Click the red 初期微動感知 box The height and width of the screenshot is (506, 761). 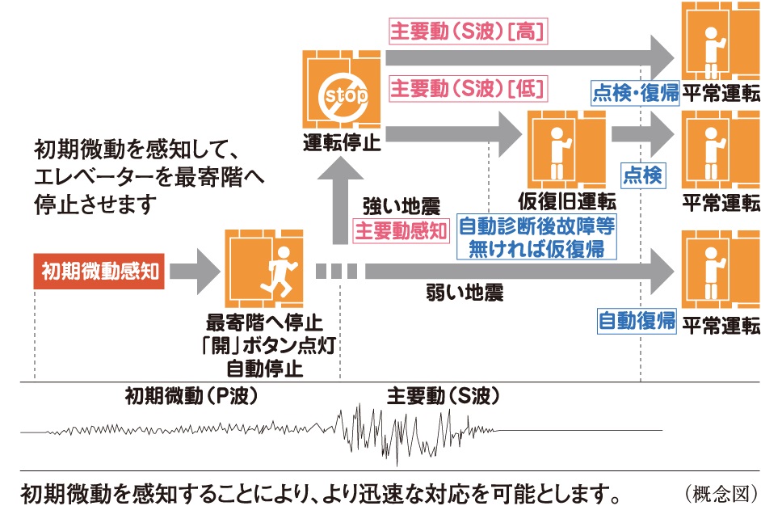(x=100, y=272)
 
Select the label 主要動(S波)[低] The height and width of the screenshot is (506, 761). (x=468, y=86)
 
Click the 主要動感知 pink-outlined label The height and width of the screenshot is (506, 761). (x=402, y=231)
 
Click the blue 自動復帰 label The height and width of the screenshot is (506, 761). (x=637, y=321)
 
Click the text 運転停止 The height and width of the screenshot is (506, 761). (x=343, y=145)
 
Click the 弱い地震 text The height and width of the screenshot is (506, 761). (x=465, y=293)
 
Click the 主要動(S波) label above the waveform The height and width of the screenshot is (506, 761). (x=441, y=397)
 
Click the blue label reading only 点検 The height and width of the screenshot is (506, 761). (x=643, y=175)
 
